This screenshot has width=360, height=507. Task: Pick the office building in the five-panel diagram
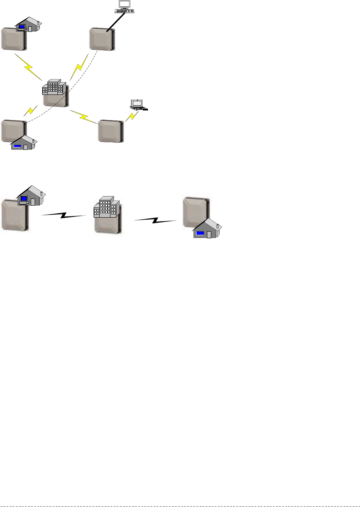point(53,88)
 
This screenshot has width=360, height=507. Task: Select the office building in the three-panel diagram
point(106,208)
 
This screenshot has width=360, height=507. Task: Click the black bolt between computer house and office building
point(64,216)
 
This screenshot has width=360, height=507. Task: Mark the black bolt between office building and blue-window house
point(155,220)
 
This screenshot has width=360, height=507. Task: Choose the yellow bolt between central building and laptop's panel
point(84,117)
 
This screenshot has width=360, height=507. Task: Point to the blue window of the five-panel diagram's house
point(17,146)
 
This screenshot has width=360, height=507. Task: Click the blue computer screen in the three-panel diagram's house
point(24,198)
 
